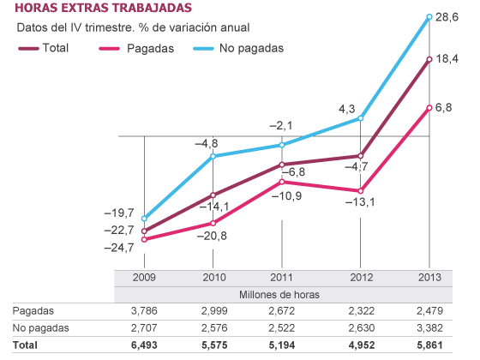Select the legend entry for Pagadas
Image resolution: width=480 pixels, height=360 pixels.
[x=137, y=48]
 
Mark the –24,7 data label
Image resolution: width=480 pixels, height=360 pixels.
[x=119, y=248]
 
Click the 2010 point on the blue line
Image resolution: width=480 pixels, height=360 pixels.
[x=213, y=156]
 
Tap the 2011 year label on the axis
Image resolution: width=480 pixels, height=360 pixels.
[x=282, y=278]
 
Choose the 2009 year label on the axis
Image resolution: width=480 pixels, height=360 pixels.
[x=144, y=278]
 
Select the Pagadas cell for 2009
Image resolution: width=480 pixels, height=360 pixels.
[x=144, y=310]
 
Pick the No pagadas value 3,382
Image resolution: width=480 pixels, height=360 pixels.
[x=429, y=327]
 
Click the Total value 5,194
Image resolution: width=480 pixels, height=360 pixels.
[x=282, y=345]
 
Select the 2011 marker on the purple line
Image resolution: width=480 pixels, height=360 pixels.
[x=281, y=165]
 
